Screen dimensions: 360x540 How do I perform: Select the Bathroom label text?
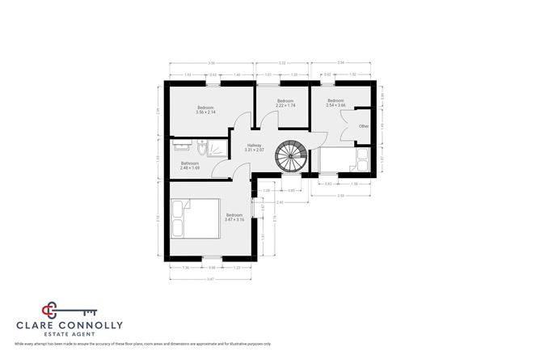pyautogui.click(x=190, y=165)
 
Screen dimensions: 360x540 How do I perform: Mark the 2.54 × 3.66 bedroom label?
pyautogui.click(x=335, y=105)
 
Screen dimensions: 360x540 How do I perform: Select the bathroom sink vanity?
pyautogui.click(x=184, y=146)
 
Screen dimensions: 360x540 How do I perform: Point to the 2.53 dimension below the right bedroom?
pyautogui.click(x=342, y=196)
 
